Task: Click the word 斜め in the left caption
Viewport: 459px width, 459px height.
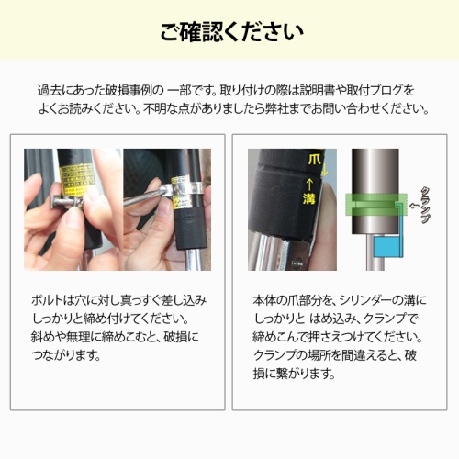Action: (x=42, y=337)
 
